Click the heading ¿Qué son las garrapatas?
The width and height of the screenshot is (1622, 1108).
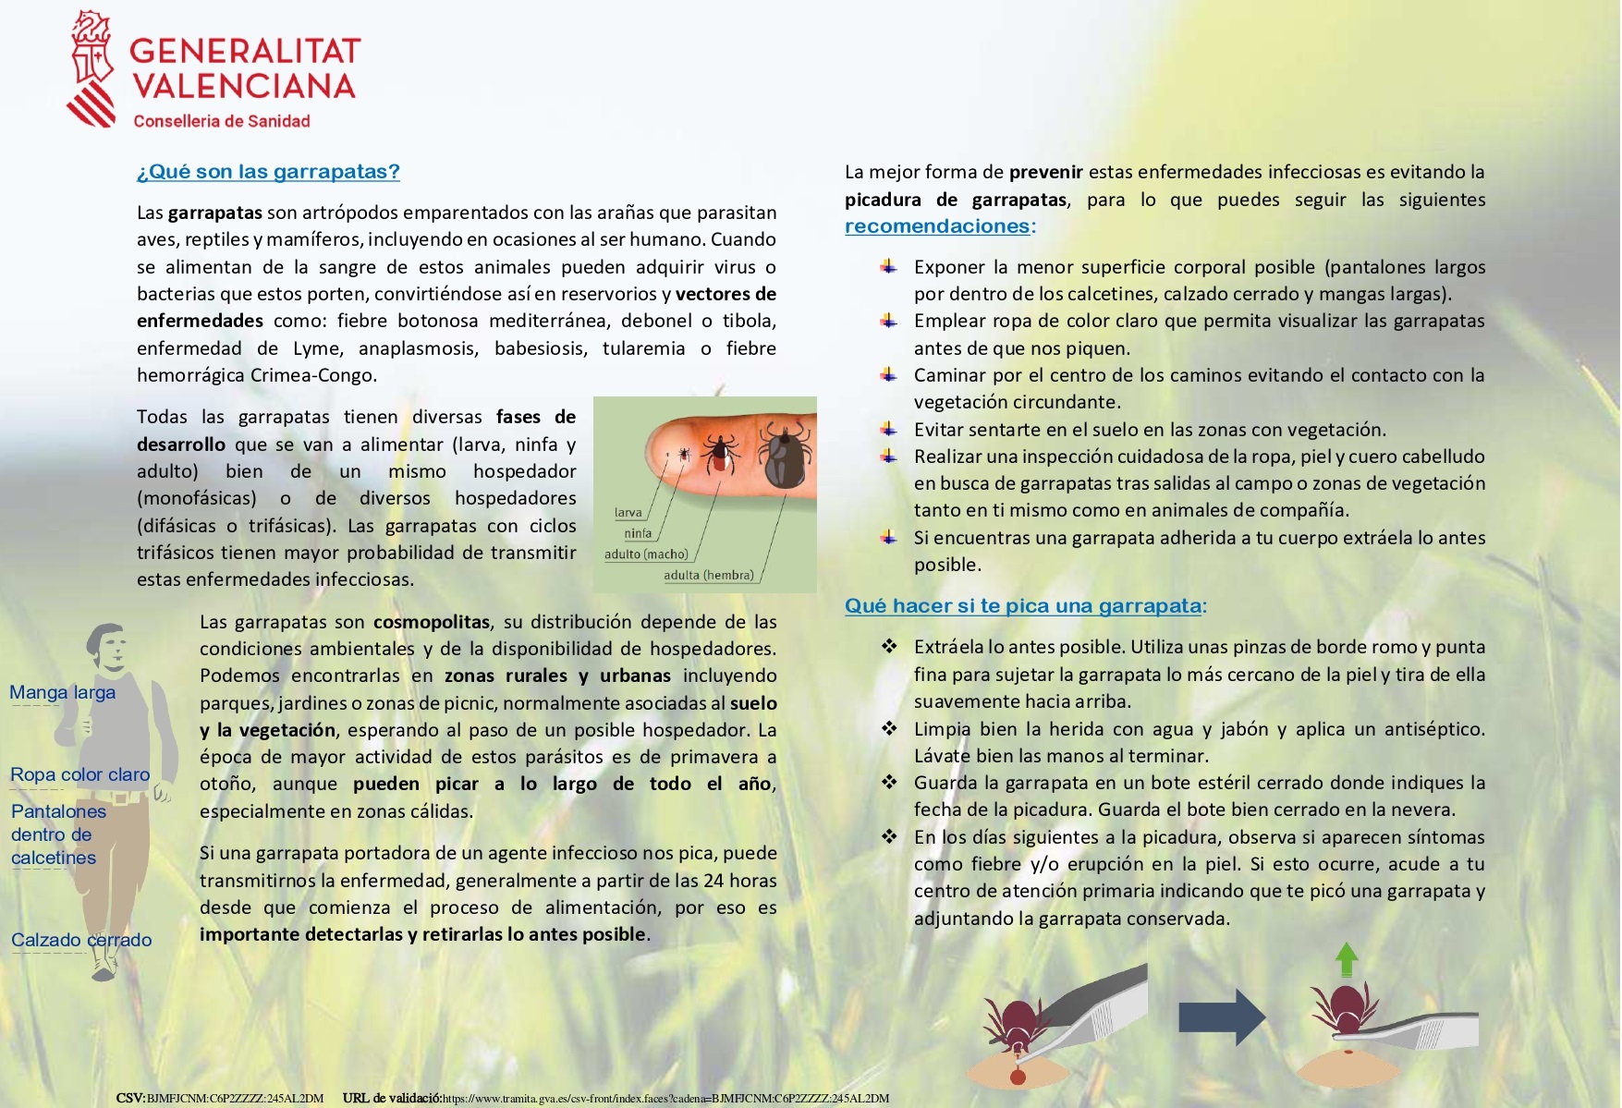coord(268,172)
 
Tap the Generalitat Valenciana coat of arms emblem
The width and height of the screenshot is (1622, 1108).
coord(91,69)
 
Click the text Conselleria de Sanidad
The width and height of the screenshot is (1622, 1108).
coord(222,121)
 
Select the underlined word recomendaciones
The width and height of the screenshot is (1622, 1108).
coord(937,226)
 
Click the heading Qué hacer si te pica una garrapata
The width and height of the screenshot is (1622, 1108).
coord(1023,606)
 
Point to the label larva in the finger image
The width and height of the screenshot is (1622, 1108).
coord(628,512)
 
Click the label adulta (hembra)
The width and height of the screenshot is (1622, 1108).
coord(708,575)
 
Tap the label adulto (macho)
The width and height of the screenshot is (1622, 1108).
coord(646,554)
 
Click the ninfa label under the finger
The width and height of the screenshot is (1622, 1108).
coord(638,533)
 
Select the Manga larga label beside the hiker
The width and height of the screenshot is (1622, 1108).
coord(63,692)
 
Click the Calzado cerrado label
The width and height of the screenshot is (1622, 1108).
coord(81,940)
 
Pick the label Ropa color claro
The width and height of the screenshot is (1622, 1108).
coord(79,774)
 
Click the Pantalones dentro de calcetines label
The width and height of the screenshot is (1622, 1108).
coord(57,834)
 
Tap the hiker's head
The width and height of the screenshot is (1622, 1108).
coord(108,644)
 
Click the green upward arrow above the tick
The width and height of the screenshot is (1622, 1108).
coord(1347,959)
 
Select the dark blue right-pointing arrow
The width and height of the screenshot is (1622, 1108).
coord(1221,1017)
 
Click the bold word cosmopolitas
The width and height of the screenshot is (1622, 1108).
coord(432,622)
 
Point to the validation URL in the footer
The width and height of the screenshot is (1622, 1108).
coord(665,1099)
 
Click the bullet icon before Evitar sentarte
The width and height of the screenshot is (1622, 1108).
coord(888,429)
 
